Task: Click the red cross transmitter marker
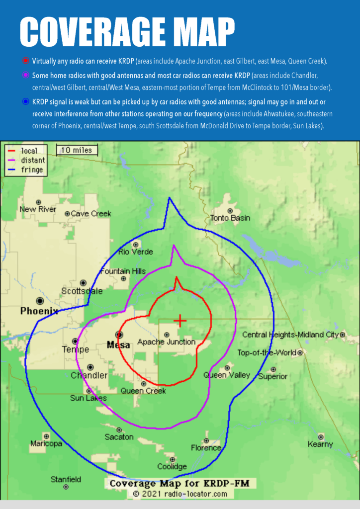click(180, 321)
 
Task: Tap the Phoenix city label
click(39, 311)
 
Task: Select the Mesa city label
click(118, 344)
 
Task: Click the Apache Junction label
click(166, 342)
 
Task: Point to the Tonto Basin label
click(230, 218)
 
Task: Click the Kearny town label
click(320, 444)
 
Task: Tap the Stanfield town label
click(66, 480)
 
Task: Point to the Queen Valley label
click(227, 375)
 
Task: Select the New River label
click(38, 209)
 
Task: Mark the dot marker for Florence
click(206, 441)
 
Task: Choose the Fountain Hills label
click(123, 271)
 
